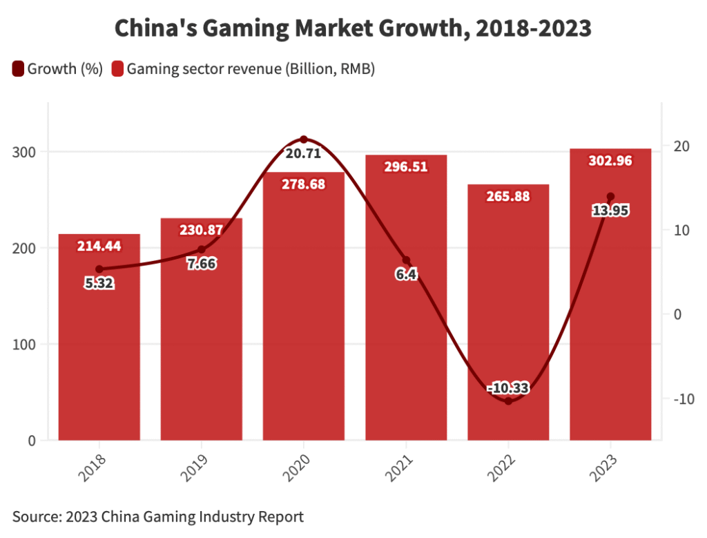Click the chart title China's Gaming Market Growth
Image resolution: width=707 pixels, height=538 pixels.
point(353,28)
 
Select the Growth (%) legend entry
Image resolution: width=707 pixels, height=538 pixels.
point(58,68)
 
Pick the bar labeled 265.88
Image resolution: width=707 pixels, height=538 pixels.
point(508,311)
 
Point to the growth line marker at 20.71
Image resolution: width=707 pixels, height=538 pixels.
point(304,140)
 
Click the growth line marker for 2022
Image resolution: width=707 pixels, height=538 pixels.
point(508,401)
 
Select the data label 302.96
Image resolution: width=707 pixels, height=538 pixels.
point(610,161)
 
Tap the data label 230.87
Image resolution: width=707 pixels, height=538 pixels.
point(202,230)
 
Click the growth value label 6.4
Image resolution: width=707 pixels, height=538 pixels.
point(406,274)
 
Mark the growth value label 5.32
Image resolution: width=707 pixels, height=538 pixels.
point(99,282)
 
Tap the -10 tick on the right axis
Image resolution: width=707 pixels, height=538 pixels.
point(679,399)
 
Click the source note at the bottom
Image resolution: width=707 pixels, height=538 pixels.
point(157,516)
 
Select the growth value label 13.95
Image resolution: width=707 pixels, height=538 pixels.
point(610,211)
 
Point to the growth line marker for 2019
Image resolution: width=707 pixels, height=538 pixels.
point(202,249)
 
